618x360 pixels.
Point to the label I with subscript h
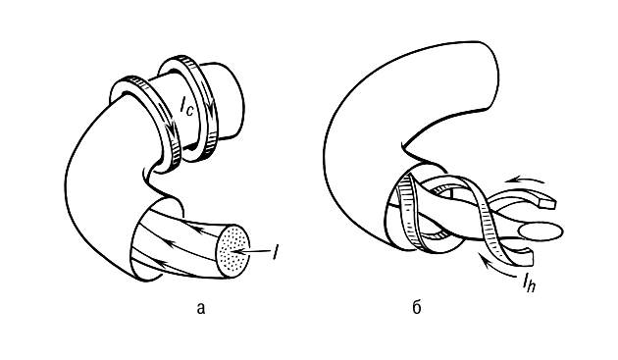click(x=529, y=283)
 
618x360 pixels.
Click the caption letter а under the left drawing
click(x=201, y=308)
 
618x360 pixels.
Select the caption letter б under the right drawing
click(x=417, y=307)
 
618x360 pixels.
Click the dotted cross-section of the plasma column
click(x=233, y=251)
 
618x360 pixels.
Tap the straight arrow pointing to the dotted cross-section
click(x=251, y=251)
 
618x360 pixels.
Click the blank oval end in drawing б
click(x=541, y=231)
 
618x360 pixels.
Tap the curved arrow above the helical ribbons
click(x=524, y=180)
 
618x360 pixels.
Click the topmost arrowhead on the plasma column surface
click(x=199, y=228)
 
